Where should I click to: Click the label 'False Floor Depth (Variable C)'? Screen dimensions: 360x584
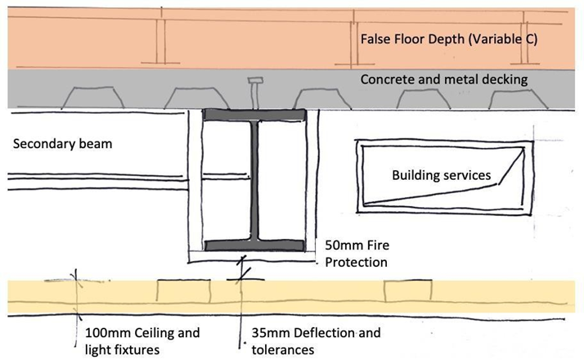pyautogui.click(x=449, y=38)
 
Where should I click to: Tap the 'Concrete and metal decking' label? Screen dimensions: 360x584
pyautogui.click(x=445, y=79)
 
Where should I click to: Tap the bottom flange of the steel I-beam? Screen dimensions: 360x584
pyautogui.click(x=254, y=245)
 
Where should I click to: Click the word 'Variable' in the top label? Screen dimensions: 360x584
pyautogui.click(x=493, y=38)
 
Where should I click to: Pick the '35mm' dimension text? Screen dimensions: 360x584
pyautogui.click(x=265, y=333)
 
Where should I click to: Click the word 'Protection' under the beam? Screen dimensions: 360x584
pyautogui.click(x=356, y=262)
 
